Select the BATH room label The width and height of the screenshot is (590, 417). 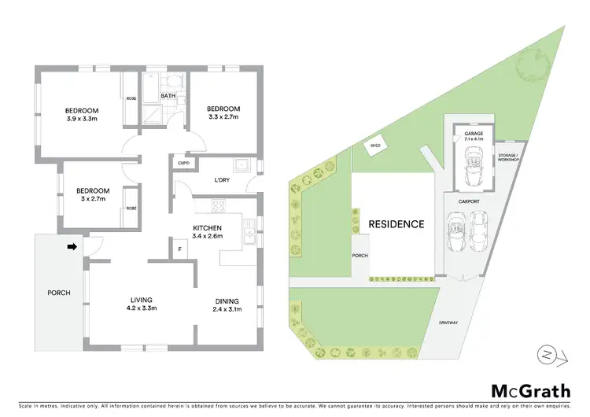[x=168, y=97]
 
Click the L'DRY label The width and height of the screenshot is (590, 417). [x=222, y=180]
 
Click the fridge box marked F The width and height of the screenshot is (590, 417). [x=179, y=249]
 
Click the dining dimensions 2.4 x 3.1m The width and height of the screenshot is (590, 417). [x=227, y=308]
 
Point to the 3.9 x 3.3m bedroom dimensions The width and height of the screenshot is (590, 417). [x=81, y=118]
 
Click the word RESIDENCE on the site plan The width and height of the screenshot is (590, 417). [x=396, y=224]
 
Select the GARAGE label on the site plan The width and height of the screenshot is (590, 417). [x=474, y=134]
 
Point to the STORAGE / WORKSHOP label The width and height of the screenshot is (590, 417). [x=507, y=158]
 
